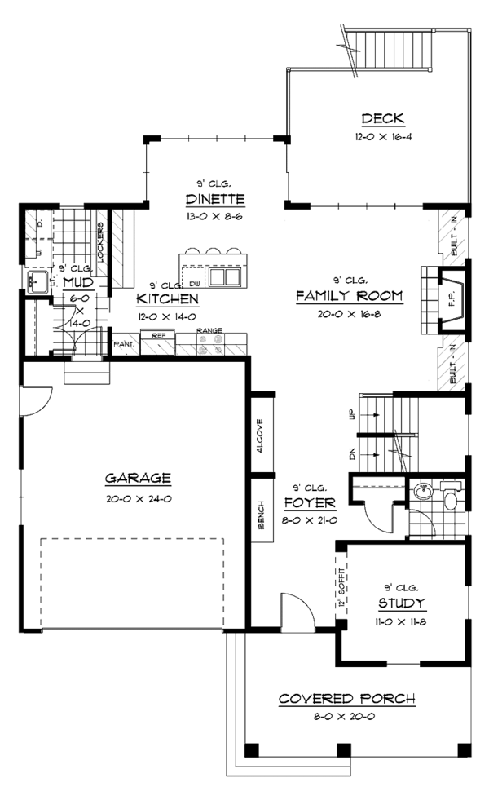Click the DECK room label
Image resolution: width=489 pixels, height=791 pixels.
coord(378,118)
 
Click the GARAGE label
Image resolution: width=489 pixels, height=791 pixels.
coord(138,478)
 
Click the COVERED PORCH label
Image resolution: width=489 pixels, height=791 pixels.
coord(346,699)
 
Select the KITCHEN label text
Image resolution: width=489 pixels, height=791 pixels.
coord(168,299)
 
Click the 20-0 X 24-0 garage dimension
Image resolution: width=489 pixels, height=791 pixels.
coord(138,498)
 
